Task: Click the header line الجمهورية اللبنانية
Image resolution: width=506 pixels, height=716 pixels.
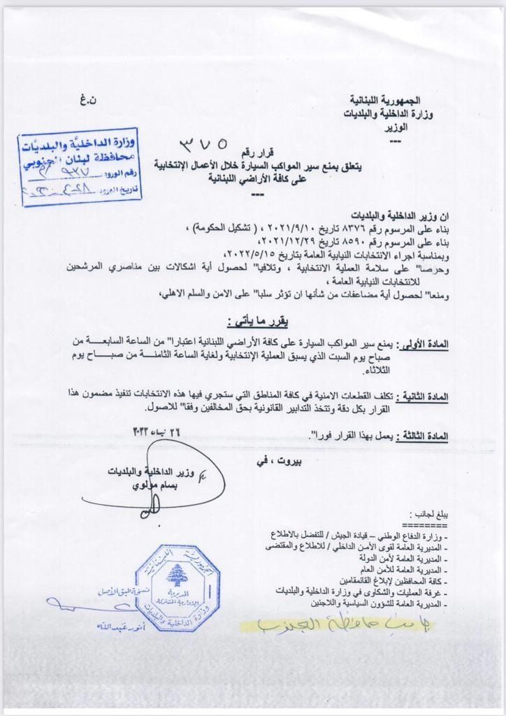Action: tap(398, 103)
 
